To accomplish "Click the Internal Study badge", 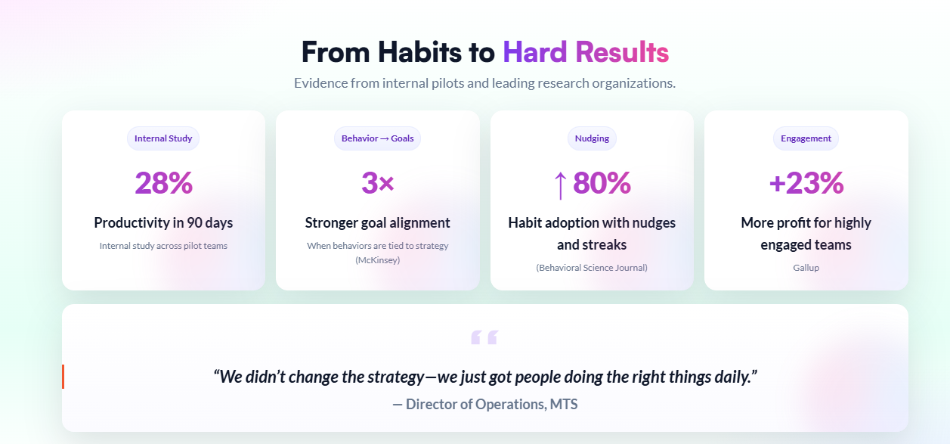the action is pos(163,138).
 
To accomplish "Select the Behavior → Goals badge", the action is pos(377,138).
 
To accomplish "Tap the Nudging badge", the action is pos(592,138).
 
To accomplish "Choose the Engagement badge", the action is pos(806,138).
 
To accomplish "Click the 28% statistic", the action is pos(164,183).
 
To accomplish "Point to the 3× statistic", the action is pos(377,183).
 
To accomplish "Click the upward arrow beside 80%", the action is pos(560,185).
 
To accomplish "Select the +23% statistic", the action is pos(806,183).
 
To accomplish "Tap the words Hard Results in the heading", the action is pos(586,52).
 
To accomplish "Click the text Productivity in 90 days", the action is pos(163,223).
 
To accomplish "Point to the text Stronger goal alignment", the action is pos(377,223).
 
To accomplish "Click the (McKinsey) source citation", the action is pos(377,259).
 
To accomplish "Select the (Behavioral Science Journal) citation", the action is pos(592,268).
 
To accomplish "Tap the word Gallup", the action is pos(806,268).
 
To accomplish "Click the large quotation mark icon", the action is pos(484,337).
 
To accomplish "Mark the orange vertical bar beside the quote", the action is pos(63,377).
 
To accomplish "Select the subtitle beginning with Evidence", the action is pos(484,82).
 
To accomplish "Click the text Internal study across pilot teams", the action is pos(163,246).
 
